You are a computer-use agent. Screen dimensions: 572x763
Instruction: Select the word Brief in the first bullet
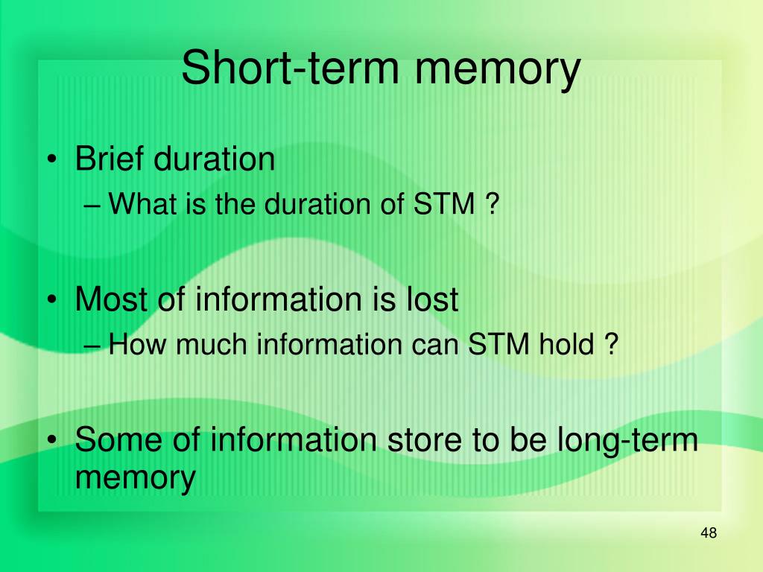(110, 159)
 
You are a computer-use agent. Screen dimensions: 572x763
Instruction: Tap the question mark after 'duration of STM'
(490, 203)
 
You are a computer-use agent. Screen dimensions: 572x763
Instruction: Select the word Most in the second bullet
(114, 300)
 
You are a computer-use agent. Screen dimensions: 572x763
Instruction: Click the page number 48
(709, 533)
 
